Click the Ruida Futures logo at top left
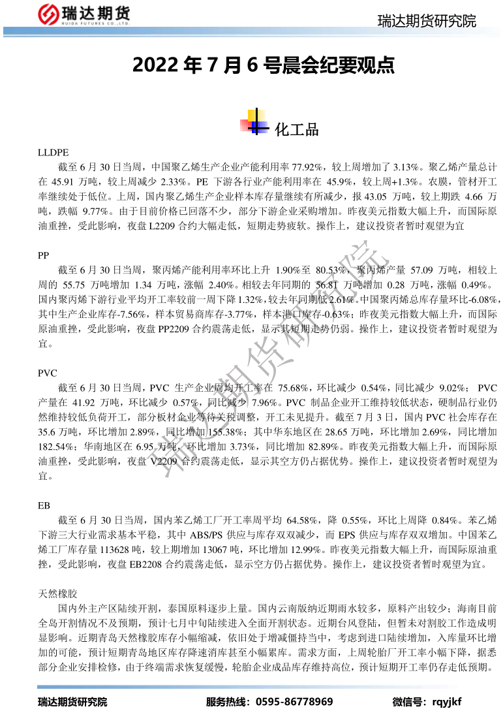click(x=83, y=14)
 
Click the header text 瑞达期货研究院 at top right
click(x=427, y=22)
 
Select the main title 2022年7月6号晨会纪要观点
click(x=264, y=65)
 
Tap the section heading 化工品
click(x=297, y=129)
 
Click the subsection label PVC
click(x=48, y=373)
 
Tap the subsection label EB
click(x=44, y=505)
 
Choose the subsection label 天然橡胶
click(x=58, y=593)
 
